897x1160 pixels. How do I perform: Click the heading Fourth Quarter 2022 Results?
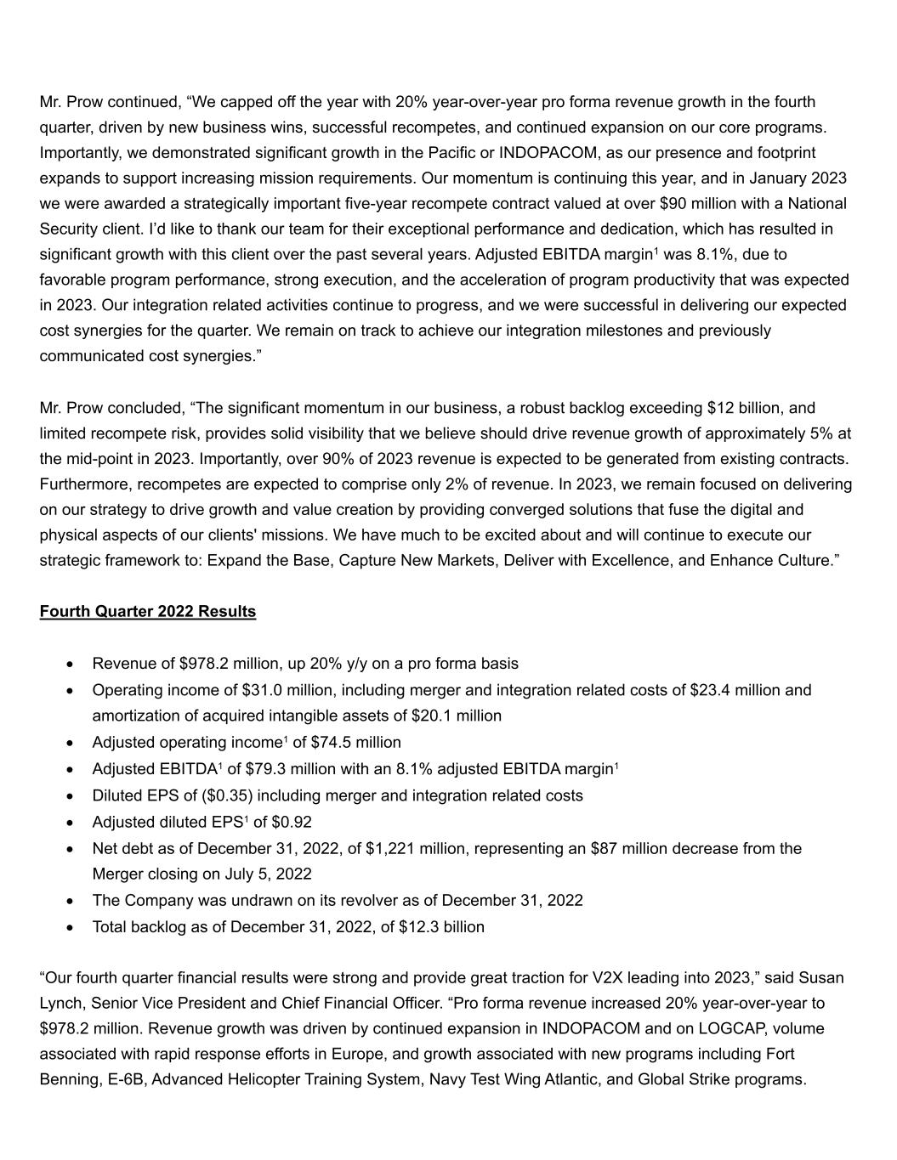coord(147,612)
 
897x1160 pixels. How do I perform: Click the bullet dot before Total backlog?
coord(71,927)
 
